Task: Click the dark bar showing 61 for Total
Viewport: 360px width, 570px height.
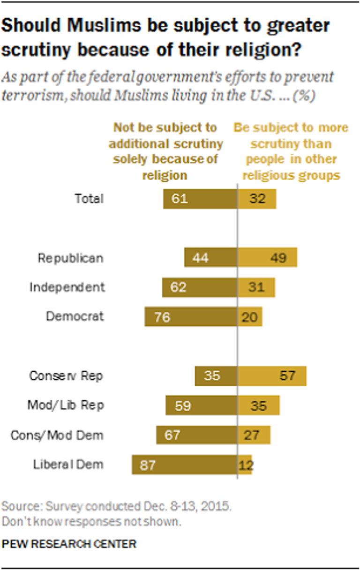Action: [200, 199]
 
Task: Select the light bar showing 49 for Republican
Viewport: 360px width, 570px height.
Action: [267, 257]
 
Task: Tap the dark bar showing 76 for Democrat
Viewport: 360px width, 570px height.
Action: [191, 316]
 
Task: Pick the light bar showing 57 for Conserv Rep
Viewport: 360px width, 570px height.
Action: [272, 376]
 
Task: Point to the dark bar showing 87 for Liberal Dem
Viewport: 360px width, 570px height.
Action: [184, 465]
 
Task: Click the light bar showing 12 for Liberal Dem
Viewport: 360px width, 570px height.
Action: [245, 465]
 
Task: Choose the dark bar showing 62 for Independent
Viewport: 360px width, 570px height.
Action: [200, 287]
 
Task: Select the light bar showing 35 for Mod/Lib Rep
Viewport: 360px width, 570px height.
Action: [258, 405]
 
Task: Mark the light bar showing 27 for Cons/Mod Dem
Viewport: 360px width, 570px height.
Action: [254, 435]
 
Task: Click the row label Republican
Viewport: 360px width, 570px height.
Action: [71, 258]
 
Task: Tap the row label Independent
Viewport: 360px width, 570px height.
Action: [67, 287]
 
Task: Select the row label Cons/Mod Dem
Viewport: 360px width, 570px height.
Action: [57, 435]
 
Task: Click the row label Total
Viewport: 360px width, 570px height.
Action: [89, 199]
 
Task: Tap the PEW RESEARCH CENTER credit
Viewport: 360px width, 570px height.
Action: [69, 544]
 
